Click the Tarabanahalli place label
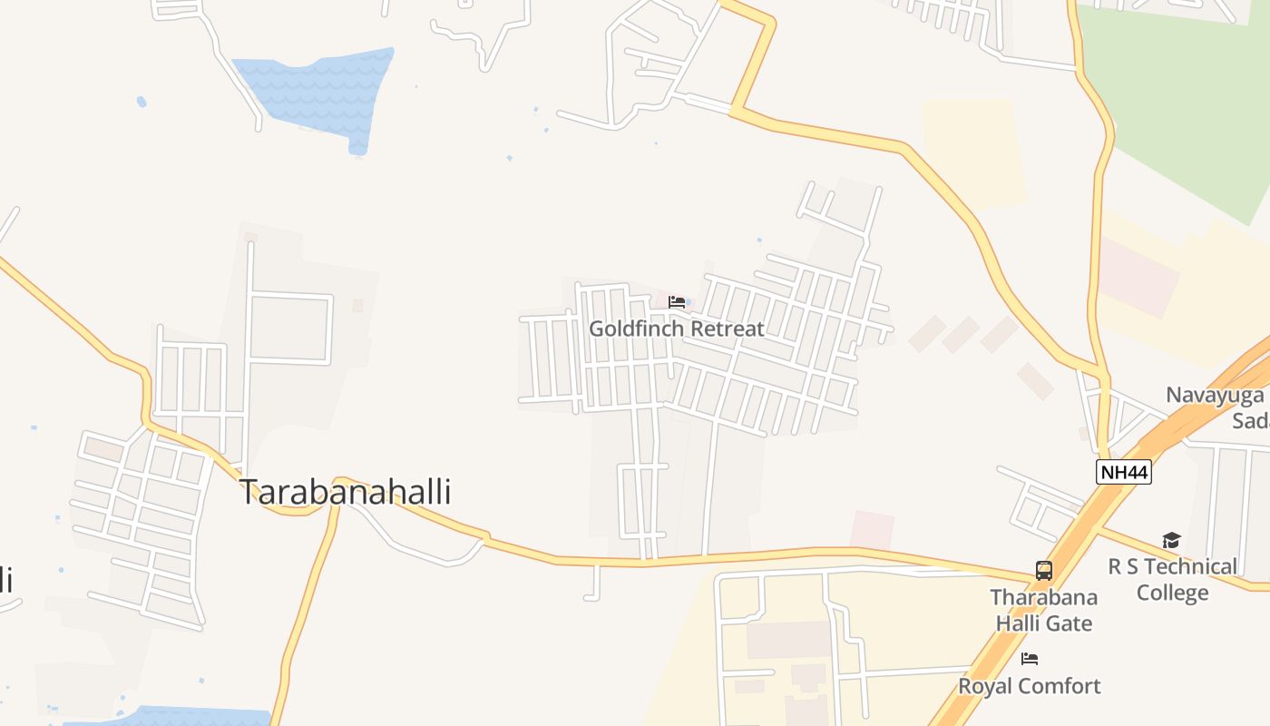point(345,492)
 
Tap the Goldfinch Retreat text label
point(677,329)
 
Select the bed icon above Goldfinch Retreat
point(677,302)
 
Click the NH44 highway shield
point(1124,472)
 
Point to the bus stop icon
point(1044,571)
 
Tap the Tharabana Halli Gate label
point(1043,610)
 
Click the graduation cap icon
point(1172,541)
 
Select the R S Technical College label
point(1172,579)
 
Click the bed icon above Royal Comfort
point(1030,659)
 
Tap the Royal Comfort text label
point(1030,686)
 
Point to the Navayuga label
point(1216,396)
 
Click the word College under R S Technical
point(1172,593)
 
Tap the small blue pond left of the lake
point(142,102)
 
